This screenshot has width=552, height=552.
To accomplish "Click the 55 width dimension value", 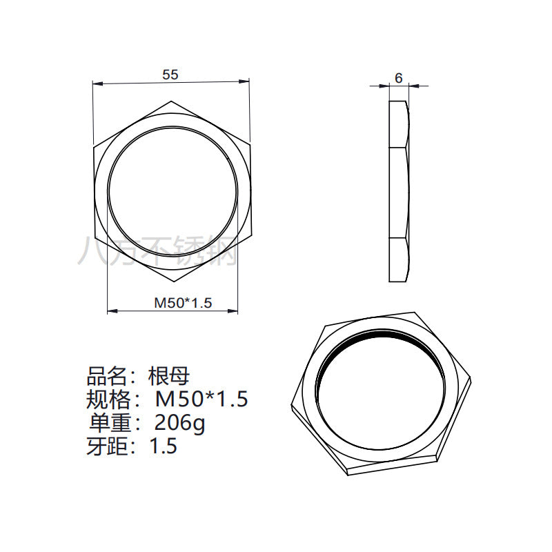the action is click(170, 75).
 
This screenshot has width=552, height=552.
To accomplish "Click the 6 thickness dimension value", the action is click(399, 78).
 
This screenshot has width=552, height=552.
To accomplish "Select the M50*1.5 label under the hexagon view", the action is click(183, 302).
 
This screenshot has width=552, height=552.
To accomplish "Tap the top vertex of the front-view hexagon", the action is click(171, 101).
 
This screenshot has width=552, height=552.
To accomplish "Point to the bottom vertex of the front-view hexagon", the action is click(175, 282).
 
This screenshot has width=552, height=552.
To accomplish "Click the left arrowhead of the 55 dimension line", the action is click(97, 83).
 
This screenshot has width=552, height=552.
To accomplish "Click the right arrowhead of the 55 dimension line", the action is click(244, 81).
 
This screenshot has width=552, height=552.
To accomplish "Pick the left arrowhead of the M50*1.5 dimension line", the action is click(112, 310).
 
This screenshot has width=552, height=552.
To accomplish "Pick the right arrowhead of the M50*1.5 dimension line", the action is click(233, 310).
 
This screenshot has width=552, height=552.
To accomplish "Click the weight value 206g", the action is click(179, 423).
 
